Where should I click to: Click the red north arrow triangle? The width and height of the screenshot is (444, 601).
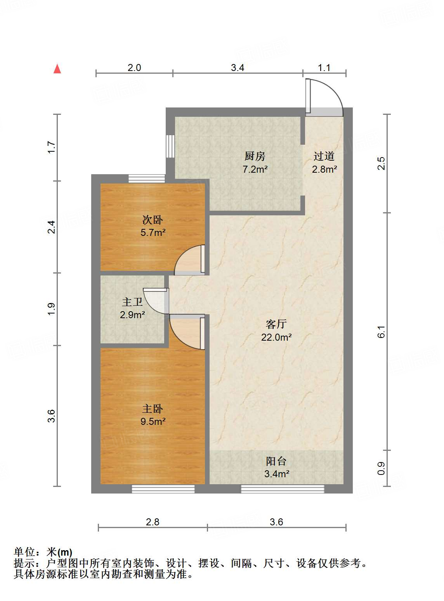click(57, 69)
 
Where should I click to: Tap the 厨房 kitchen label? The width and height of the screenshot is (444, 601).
click(255, 156)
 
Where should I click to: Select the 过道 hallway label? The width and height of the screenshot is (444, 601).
click(324, 156)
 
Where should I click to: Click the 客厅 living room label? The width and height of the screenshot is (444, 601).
click(276, 324)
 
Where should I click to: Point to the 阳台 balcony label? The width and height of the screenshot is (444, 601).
click(276, 461)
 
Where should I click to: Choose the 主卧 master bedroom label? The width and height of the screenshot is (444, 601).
click(153, 409)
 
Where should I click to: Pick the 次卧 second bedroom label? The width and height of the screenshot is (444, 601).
click(153, 220)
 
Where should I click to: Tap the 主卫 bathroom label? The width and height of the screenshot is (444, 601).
click(132, 302)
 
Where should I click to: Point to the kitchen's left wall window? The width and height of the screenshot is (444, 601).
click(170, 146)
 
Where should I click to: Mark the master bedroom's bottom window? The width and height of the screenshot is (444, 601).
click(163, 489)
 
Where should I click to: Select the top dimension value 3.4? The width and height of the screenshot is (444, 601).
click(238, 68)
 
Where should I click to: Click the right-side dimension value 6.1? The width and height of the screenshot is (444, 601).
click(382, 332)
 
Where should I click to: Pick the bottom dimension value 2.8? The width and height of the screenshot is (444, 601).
click(153, 522)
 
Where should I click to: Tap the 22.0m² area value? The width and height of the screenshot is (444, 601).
click(276, 337)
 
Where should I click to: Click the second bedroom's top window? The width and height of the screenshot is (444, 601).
click(147, 178)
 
